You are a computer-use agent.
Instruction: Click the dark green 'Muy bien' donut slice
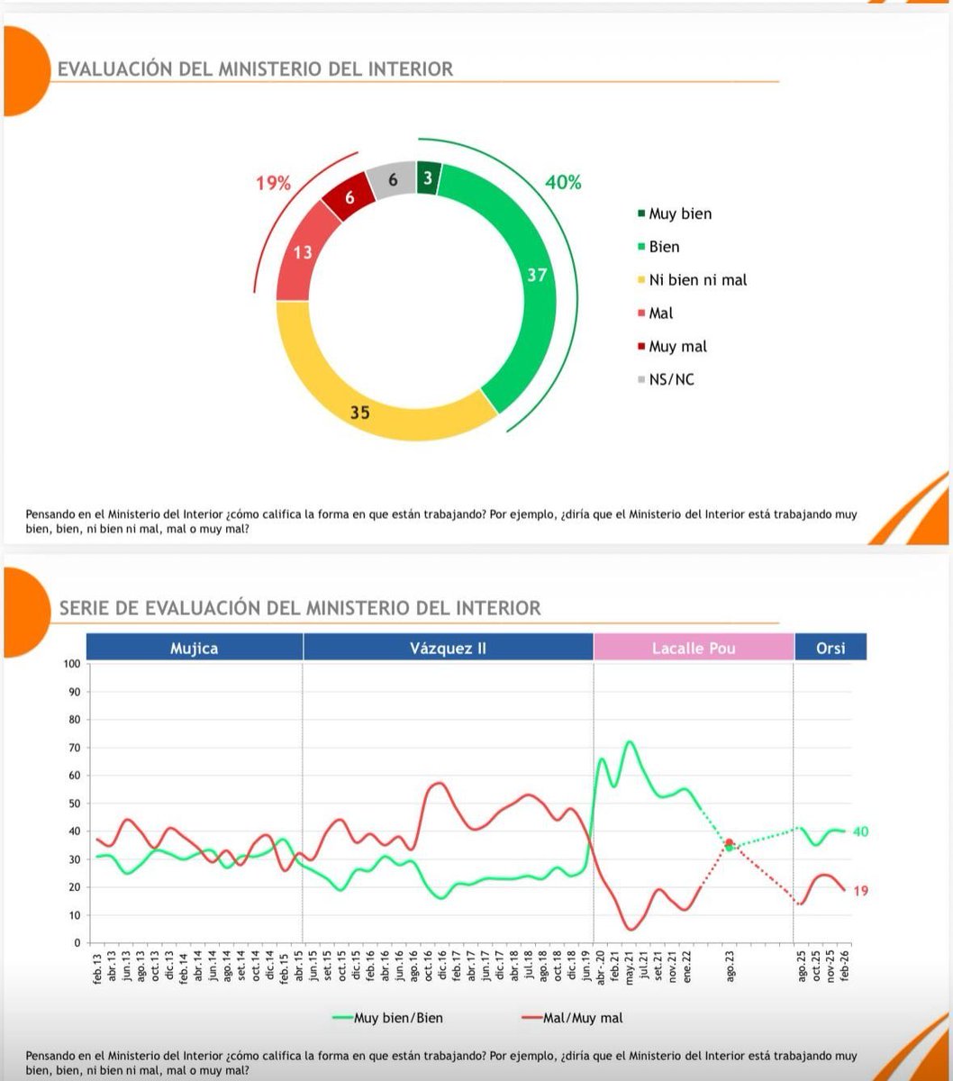pos(428,178)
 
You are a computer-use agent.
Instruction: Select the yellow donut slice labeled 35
pos(360,413)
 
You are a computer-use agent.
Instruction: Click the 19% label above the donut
pos(273,184)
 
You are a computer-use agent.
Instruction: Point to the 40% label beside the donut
pos(563,182)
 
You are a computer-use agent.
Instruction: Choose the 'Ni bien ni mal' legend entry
pos(697,280)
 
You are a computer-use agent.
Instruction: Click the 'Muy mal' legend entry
pos(677,347)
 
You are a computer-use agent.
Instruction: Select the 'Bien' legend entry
pos(664,247)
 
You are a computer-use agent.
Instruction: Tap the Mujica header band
pos(195,648)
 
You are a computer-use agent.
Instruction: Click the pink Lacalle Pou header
pos(694,648)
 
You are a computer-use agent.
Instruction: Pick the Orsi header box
pos(830,648)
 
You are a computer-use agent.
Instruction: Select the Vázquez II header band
pos(448,648)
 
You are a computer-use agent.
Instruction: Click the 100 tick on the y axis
pos(71,664)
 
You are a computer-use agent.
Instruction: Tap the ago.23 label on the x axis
pos(730,967)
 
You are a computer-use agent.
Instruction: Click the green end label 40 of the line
pos(860,831)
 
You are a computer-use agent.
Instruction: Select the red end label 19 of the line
pos(860,891)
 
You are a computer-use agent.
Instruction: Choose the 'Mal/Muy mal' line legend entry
pos(582,1018)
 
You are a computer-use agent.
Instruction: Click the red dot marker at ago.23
pos(729,843)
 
